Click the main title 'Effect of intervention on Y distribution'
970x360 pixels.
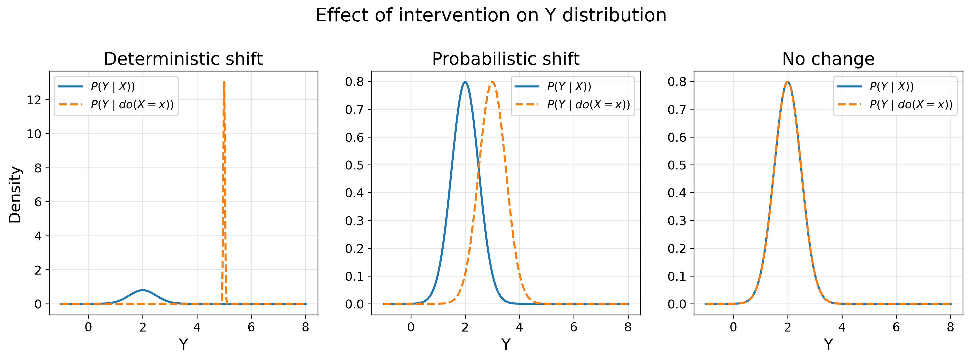pyautogui.click(x=491, y=16)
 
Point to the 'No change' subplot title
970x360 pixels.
pyautogui.click(x=828, y=59)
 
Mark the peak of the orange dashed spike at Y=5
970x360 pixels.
pyautogui.click(x=224, y=82)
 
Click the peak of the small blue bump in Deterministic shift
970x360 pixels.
pyautogui.click(x=143, y=290)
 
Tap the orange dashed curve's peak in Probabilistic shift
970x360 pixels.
pyautogui.click(x=492, y=82)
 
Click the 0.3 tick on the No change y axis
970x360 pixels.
pyautogui.click(x=677, y=221)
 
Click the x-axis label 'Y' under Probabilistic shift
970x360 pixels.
pyautogui.click(x=506, y=344)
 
